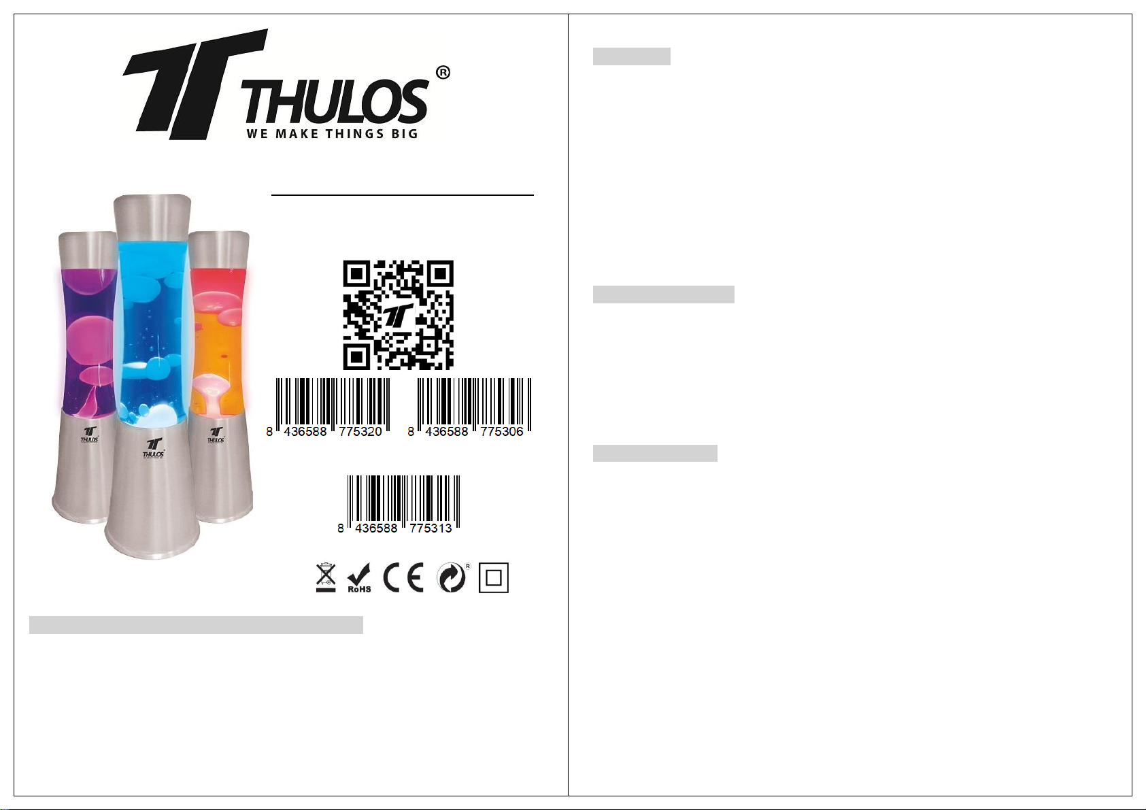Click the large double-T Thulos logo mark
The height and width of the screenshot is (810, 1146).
tap(195, 84)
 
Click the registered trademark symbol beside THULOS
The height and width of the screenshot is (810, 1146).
tap(443, 73)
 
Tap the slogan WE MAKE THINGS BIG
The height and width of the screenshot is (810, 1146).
tap(332, 134)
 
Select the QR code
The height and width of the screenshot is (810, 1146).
tap(398, 315)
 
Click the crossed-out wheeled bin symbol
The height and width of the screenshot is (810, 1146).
tap(326, 577)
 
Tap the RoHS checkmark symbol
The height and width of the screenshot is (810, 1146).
tap(359, 578)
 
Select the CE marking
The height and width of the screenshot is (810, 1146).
tap(404, 577)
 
